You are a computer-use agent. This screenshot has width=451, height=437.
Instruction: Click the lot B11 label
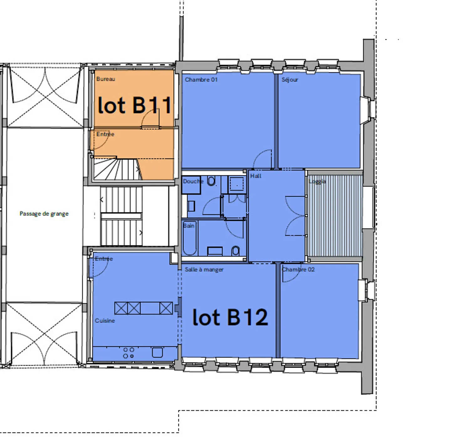click(x=134, y=105)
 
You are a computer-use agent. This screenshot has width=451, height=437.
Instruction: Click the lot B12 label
click(x=230, y=317)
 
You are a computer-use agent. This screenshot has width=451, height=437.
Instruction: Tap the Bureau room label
click(x=106, y=79)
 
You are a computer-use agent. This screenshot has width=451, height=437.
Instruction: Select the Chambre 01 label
click(x=201, y=80)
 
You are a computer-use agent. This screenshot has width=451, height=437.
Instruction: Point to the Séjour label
click(x=290, y=80)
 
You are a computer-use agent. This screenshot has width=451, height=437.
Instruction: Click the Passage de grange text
click(x=44, y=214)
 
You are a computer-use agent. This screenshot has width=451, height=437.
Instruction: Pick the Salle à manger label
click(x=204, y=269)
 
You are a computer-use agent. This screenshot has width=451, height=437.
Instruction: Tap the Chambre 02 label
click(x=298, y=269)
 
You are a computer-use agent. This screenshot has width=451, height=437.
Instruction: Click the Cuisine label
click(x=105, y=321)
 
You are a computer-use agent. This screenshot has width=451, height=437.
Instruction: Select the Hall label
click(x=256, y=176)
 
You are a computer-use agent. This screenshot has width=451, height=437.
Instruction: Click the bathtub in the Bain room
click(x=190, y=238)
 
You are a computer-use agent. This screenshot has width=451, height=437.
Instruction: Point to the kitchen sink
click(x=157, y=352)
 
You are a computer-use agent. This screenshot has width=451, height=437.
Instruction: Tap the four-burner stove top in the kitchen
click(x=129, y=353)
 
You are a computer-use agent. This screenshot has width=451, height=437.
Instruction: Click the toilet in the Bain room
click(x=236, y=251)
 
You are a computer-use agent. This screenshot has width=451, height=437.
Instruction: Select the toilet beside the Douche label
click(x=211, y=181)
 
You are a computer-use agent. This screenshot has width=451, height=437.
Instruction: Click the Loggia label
click(x=317, y=181)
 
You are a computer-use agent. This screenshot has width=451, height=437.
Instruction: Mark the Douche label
click(x=193, y=181)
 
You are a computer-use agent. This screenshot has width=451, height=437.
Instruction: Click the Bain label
click(x=189, y=226)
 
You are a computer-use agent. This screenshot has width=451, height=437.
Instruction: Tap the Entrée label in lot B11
click(x=106, y=134)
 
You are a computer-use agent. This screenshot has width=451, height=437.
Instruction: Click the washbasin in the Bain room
click(x=215, y=251)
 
